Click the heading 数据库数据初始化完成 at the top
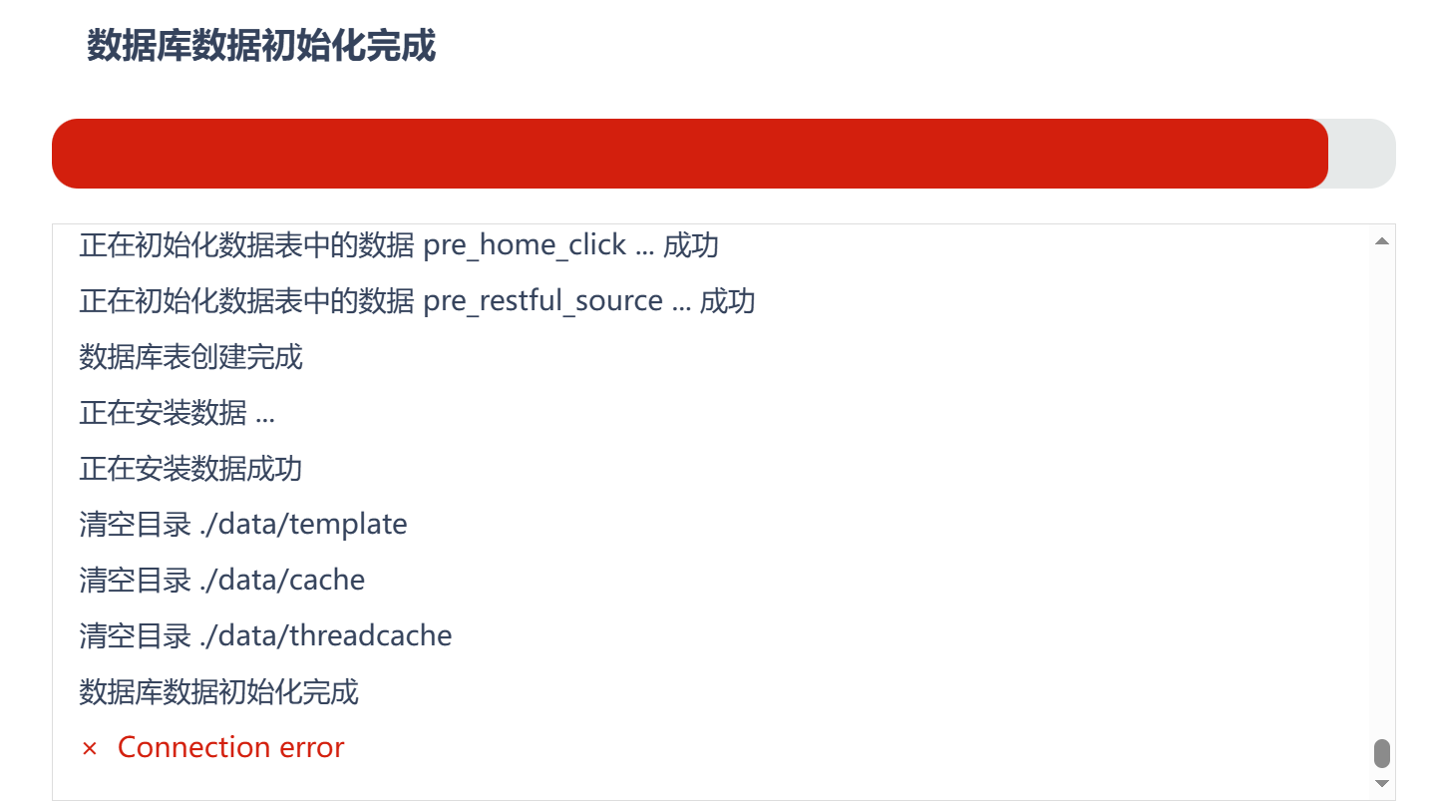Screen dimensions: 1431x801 click(261, 46)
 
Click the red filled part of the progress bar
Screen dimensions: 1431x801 click(690, 154)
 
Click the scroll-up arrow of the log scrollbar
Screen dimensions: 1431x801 click(1382, 241)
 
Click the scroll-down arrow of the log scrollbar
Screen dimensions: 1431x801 click(1382, 783)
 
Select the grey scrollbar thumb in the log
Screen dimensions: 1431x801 click(1382, 753)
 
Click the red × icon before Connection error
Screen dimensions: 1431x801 click(90, 748)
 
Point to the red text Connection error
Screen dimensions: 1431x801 click(230, 747)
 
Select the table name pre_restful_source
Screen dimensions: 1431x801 click(543, 301)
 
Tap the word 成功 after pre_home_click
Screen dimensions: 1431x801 click(691, 245)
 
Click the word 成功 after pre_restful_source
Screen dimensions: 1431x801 click(728, 301)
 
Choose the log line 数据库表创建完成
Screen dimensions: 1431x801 click(190, 357)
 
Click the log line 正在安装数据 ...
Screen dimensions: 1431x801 click(177, 412)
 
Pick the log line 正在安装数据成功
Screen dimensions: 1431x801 click(190, 469)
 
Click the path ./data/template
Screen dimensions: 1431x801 click(303, 525)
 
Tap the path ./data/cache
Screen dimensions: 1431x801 click(282, 580)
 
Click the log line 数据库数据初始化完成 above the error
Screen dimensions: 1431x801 click(218, 691)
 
